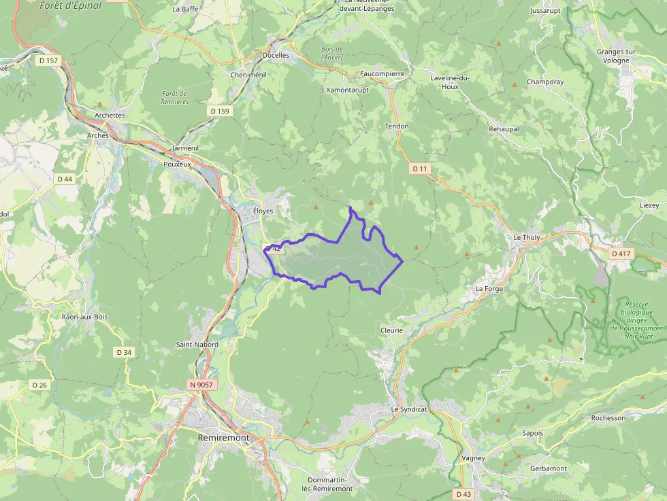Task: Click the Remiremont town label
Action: click(x=223, y=438)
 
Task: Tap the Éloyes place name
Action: click(x=263, y=211)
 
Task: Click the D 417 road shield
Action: click(x=621, y=254)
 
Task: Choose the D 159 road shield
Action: click(x=221, y=111)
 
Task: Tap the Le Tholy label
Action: click(x=527, y=237)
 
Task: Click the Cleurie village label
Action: click(x=391, y=330)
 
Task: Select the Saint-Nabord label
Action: click(x=197, y=345)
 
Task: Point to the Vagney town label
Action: click(x=473, y=458)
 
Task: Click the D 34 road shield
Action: click(x=124, y=352)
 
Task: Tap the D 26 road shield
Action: click(x=40, y=385)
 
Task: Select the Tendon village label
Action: click(x=397, y=126)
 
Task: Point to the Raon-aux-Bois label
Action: click(x=84, y=317)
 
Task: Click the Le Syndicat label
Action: click(x=409, y=410)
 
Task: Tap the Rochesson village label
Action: click(x=608, y=418)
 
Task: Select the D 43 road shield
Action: click(x=463, y=494)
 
